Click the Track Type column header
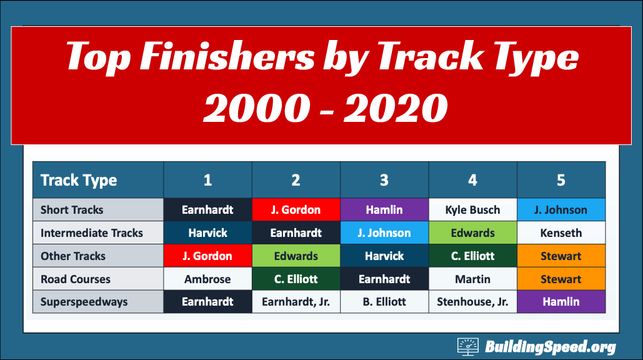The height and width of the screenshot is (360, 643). click(x=99, y=180)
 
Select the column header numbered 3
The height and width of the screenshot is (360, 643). click(x=384, y=180)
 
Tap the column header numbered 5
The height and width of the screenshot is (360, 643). click(x=561, y=180)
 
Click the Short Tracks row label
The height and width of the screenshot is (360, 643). click(x=99, y=210)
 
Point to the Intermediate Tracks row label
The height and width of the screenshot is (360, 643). click(x=99, y=233)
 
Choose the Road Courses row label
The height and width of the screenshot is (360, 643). click(x=99, y=279)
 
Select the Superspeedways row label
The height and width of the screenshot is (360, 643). click(x=99, y=302)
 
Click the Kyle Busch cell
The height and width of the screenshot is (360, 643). click(x=473, y=210)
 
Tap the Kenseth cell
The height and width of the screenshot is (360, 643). click(x=561, y=233)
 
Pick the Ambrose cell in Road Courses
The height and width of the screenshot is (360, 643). click(x=207, y=279)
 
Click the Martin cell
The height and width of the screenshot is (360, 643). click(x=473, y=279)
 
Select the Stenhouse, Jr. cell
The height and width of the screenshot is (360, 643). click(x=473, y=302)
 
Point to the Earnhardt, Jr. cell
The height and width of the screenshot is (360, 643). click(x=296, y=302)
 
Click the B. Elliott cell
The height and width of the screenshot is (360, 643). click(x=384, y=302)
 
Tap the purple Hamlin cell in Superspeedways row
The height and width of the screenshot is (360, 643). click(x=561, y=302)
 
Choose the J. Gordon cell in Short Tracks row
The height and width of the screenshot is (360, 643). click(x=296, y=210)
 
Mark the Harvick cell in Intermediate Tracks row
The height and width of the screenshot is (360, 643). click(x=207, y=233)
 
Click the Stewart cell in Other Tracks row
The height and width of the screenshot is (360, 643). click(x=561, y=256)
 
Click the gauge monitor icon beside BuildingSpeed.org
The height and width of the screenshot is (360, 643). click(x=468, y=347)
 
